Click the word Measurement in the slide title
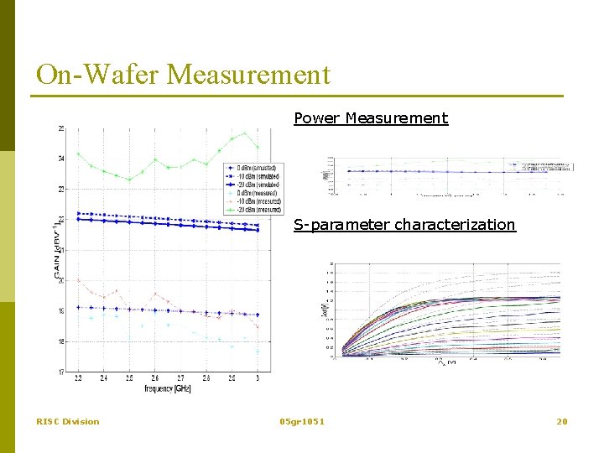249,75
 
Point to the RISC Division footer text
67,421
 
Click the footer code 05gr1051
302,421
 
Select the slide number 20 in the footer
562,421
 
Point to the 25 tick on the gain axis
61,128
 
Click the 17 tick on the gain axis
61,372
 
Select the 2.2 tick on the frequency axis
78,379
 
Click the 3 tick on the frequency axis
258,379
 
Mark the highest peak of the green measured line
245,133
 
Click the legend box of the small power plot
546,166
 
